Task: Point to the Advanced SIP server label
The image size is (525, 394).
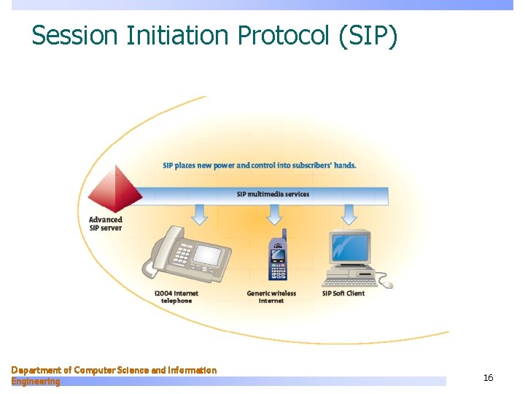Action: [106, 223]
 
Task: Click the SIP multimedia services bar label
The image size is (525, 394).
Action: [273, 194]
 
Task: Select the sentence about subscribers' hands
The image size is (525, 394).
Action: [260, 165]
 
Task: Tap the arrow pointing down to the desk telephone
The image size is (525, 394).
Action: [200, 214]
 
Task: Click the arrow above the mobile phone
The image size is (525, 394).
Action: [274, 214]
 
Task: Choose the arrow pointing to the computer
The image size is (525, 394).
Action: [349, 214]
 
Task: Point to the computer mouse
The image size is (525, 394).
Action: [386, 285]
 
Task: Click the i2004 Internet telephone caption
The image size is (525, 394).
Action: [176, 297]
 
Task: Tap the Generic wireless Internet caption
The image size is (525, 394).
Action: [271, 297]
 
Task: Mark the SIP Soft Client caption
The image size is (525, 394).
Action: [343, 293]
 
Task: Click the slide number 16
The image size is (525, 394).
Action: [488, 377]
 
